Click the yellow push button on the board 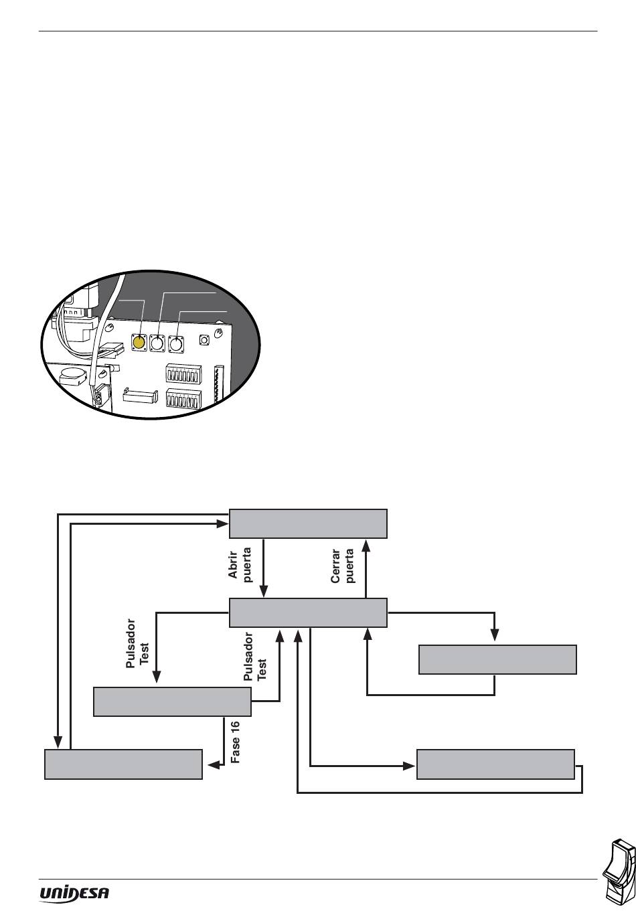click(139, 342)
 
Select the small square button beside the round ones click(204, 339)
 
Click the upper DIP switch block click(183, 373)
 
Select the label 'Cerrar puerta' click(342, 566)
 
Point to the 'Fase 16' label click(235, 742)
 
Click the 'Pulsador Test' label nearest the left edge click(137, 643)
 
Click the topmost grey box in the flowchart click(308, 523)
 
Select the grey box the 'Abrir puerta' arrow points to click(308, 612)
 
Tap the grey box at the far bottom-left click(123, 764)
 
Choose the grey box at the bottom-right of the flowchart click(495, 764)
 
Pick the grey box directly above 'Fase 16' click(172, 701)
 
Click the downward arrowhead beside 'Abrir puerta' click(263, 592)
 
